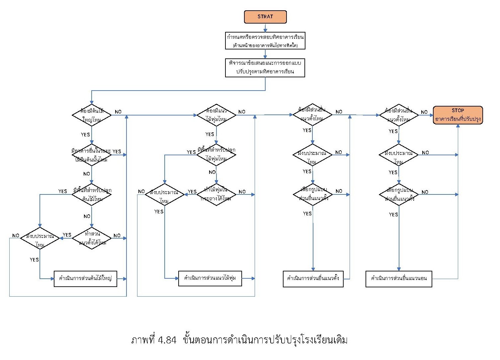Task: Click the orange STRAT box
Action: (x=265, y=17)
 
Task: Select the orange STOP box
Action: (x=458, y=115)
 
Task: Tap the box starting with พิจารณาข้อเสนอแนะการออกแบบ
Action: (x=265, y=68)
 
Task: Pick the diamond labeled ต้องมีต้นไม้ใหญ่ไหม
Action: (x=92, y=115)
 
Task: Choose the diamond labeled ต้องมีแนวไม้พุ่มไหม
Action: (x=216, y=115)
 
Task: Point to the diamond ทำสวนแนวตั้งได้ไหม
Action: (x=92, y=238)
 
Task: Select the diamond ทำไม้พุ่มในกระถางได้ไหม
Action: (x=216, y=194)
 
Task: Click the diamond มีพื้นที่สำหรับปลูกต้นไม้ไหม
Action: (x=92, y=194)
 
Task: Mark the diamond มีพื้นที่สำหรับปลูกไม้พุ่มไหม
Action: (x=216, y=155)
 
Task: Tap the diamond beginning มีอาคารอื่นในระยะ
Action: (x=92, y=155)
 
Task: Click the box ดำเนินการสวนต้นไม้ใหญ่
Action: (x=85, y=279)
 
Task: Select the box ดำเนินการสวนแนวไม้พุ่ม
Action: (x=210, y=278)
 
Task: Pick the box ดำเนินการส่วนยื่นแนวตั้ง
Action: (x=313, y=279)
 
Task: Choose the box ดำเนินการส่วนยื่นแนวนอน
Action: (x=399, y=279)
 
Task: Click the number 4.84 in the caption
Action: (x=167, y=340)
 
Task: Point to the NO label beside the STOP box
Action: (x=424, y=112)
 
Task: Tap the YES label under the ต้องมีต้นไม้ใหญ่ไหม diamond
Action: (x=85, y=134)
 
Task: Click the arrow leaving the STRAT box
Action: (x=265, y=28)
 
